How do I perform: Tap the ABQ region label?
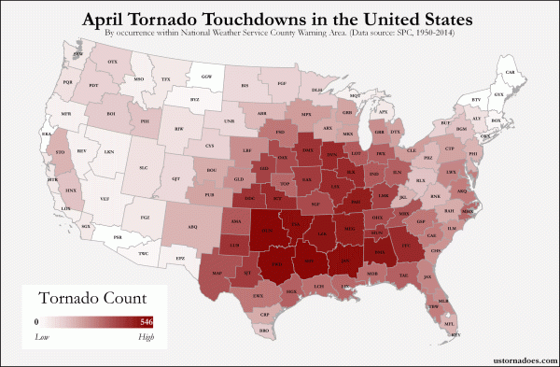193,225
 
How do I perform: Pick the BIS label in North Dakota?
245,85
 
